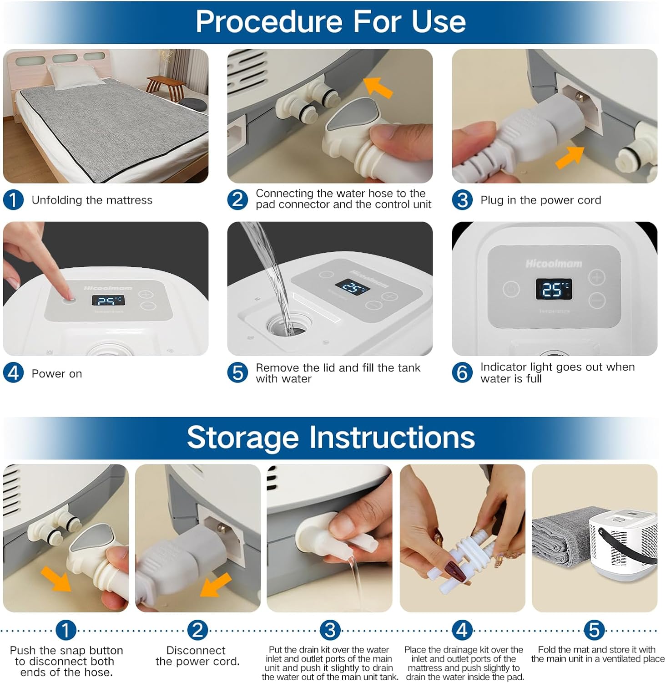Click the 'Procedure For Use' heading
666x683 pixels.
(x=331, y=21)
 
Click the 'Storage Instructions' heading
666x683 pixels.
(x=331, y=437)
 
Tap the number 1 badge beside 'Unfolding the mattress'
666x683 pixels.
(x=13, y=200)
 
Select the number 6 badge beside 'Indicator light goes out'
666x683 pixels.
(x=462, y=373)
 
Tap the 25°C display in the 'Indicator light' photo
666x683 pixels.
(x=553, y=289)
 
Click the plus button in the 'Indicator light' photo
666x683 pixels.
(x=596, y=277)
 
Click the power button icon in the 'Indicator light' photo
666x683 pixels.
(x=511, y=289)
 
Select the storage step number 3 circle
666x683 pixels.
(x=330, y=630)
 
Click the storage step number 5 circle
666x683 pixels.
(x=594, y=630)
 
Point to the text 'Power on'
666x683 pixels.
(x=57, y=374)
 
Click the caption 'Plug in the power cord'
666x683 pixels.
(x=541, y=200)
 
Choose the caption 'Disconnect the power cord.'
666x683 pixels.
(x=197, y=656)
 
